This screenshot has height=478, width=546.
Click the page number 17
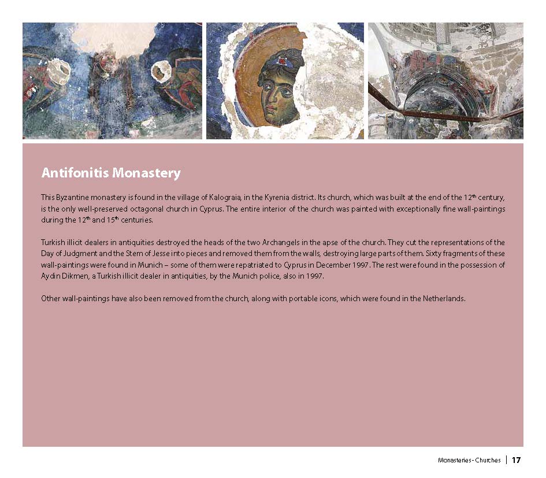point(516,461)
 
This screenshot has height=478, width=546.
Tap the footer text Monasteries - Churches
point(469,461)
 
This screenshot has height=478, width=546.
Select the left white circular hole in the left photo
point(57,73)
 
